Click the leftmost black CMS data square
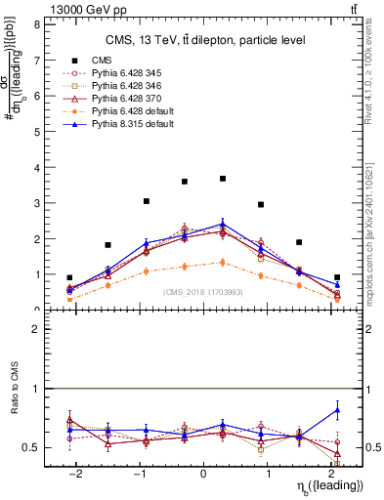coord(69,277)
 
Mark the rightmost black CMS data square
coord(337,277)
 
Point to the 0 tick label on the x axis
coord(203,475)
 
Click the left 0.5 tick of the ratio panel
coord(33,447)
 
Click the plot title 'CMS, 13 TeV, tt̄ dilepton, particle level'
coord(205,40)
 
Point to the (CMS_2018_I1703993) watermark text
coord(203,293)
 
